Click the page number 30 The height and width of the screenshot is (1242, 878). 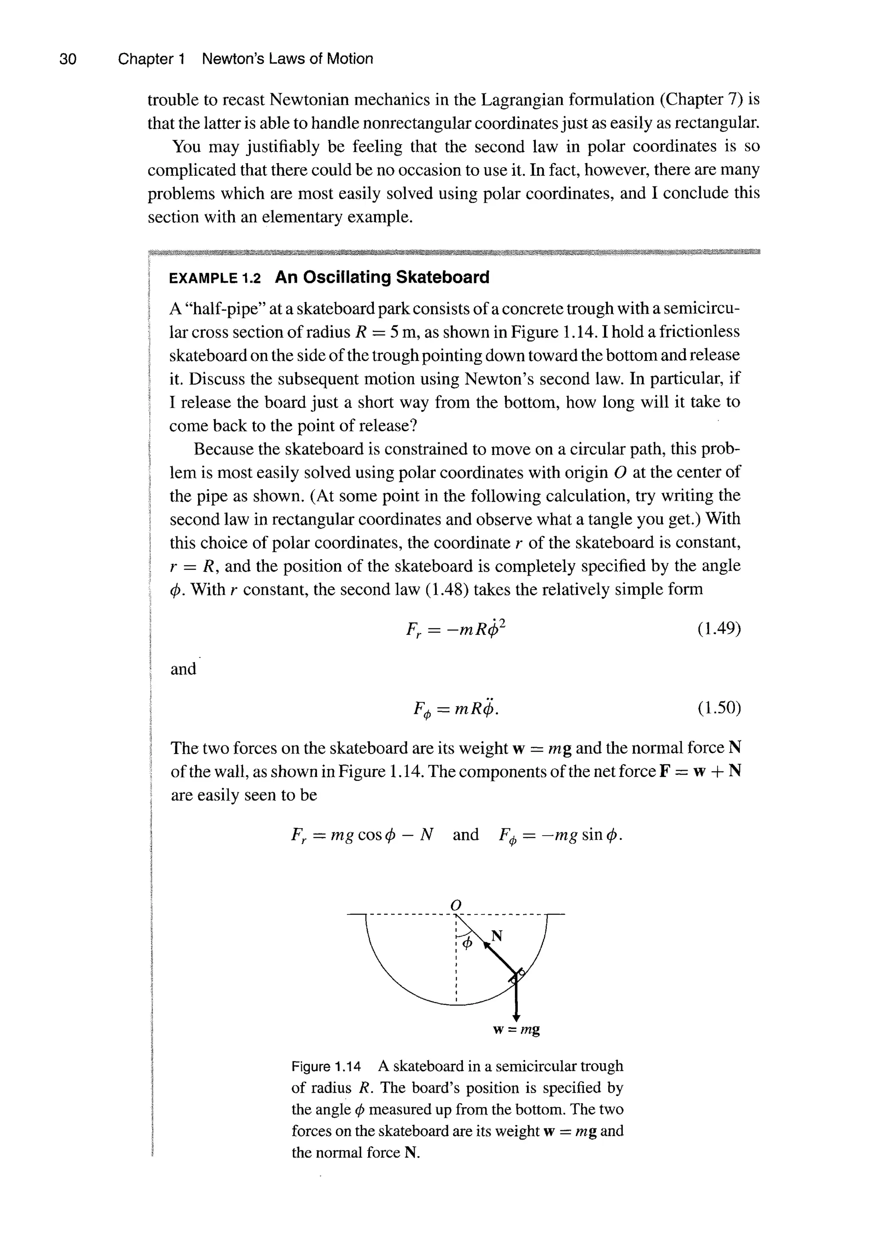coord(68,59)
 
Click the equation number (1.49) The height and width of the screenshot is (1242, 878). coord(719,629)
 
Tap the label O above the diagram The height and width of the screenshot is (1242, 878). coord(456,905)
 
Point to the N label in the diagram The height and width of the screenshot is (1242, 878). coord(496,936)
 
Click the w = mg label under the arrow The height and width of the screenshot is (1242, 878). coord(516,1029)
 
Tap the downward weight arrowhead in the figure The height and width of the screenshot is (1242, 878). coord(516,1016)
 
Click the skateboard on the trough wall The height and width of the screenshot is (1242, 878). coord(517,974)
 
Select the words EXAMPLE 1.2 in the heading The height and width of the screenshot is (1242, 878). coord(215,279)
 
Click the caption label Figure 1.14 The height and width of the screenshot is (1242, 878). coord(326,1066)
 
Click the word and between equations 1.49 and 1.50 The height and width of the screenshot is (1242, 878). coord(183,669)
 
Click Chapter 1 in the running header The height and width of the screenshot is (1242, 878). coord(151,59)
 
